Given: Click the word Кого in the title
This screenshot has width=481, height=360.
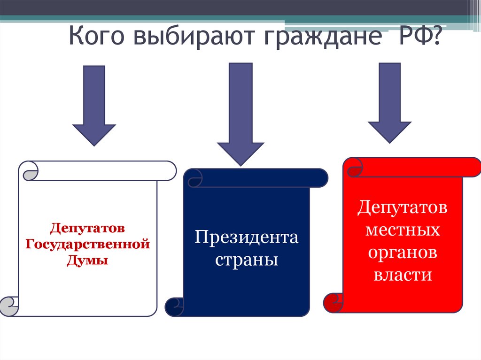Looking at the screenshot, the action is tap(96, 37).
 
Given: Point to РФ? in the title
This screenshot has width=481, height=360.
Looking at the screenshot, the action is tap(414, 37).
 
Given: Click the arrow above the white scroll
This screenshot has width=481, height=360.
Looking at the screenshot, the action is tap(94, 106).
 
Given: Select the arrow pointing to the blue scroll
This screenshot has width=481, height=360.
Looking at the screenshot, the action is tap(240, 115).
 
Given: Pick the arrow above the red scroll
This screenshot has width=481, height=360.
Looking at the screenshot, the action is tap(389, 103).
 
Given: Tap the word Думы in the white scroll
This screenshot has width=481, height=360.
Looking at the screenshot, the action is tap(88, 260).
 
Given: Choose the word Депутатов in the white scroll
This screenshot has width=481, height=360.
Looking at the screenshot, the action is tap(88, 229).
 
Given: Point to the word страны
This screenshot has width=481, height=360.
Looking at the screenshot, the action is tap(247, 260).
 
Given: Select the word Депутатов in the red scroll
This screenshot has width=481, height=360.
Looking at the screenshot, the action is tap(403, 207).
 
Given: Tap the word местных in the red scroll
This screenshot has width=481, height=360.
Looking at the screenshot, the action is tap(403, 230).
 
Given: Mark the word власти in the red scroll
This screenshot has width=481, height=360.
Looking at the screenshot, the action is tap(403, 275).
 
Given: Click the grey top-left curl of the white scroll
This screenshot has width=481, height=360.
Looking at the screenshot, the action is tap(29, 171).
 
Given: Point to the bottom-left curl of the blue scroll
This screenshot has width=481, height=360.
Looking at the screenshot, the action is tap(175, 307).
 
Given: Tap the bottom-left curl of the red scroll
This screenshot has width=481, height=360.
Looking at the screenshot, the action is tap(334, 303).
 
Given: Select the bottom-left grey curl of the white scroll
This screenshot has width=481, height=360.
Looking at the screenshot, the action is tap(9, 306).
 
